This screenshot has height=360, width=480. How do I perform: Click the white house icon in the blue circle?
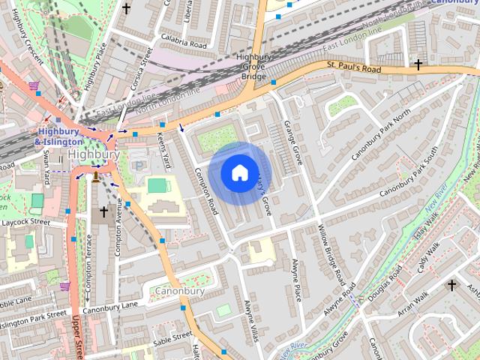click(238, 172)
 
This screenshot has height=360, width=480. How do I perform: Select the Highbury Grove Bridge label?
click(253, 67)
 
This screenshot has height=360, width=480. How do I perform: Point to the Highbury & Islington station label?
click(58, 136)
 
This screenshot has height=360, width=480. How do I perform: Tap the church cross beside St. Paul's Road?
click(418, 65)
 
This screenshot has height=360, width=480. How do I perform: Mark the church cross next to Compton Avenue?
click(103, 212)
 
